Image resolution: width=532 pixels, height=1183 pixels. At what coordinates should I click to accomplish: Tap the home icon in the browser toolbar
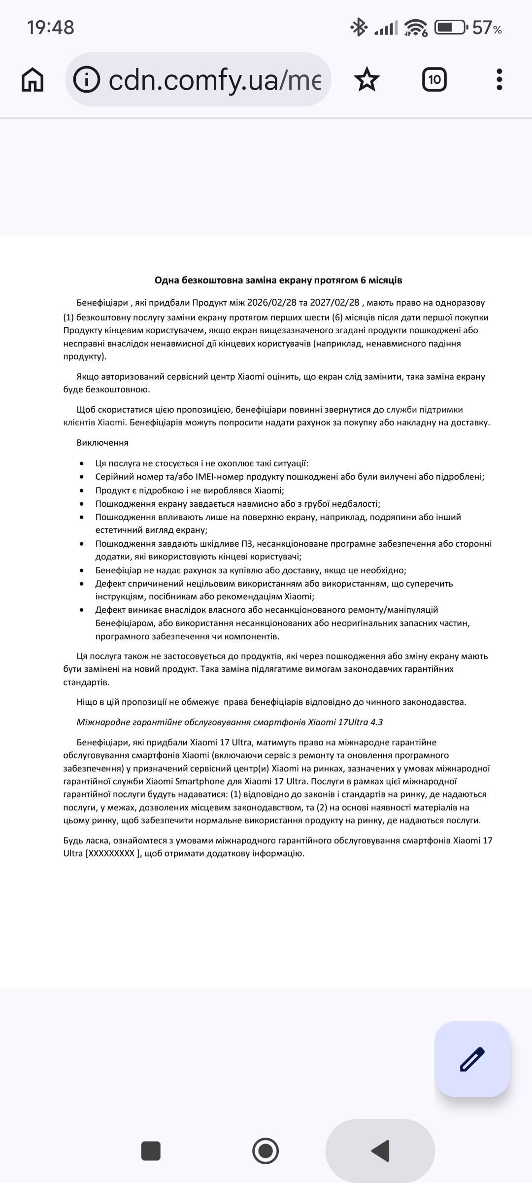pyautogui.click(x=33, y=79)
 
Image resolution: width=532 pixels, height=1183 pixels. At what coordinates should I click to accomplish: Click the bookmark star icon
pyautogui.click(x=367, y=79)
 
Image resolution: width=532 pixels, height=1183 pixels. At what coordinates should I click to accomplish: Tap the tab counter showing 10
pyautogui.click(x=434, y=79)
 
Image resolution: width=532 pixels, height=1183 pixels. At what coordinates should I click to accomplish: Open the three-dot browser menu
pyautogui.click(x=499, y=79)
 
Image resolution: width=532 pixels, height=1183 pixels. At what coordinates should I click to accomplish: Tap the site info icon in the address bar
pyautogui.click(x=87, y=79)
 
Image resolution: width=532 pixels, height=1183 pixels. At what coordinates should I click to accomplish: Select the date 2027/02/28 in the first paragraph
pyautogui.click(x=335, y=303)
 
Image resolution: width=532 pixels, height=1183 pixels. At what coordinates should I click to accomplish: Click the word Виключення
pyautogui.click(x=102, y=443)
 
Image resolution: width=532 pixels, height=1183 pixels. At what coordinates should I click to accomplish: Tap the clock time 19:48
pyautogui.click(x=51, y=28)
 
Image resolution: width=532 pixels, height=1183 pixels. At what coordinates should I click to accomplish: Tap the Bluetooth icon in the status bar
pyautogui.click(x=358, y=28)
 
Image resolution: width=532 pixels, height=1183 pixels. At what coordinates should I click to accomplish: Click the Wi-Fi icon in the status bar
pyautogui.click(x=416, y=28)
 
